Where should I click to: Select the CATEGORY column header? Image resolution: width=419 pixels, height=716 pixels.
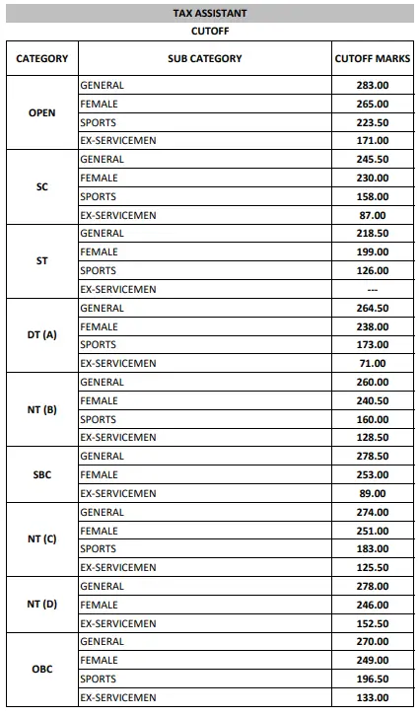coord(42,59)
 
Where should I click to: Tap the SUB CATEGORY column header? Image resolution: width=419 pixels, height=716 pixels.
coord(205,59)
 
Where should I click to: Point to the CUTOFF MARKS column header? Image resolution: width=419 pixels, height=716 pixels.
coord(373,59)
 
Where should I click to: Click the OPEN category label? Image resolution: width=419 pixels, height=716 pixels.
coord(42,112)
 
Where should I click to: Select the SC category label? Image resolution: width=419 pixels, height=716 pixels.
coord(42,186)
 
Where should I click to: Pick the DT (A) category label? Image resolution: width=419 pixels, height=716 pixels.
coord(42,335)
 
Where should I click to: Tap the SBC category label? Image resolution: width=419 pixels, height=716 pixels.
coord(42,474)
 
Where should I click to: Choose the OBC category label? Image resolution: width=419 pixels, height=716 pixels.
coord(42,670)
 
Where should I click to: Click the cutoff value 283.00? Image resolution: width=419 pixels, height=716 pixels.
coord(373,86)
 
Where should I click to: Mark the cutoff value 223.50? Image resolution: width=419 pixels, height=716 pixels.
coord(373,122)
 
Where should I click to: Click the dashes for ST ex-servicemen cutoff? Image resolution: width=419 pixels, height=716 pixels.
coord(373,290)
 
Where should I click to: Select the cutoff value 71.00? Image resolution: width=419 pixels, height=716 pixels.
coord(373,364)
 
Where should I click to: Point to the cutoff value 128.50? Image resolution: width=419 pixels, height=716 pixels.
coord(373,438)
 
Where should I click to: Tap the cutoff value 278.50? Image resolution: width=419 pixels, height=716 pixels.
coord(373,457)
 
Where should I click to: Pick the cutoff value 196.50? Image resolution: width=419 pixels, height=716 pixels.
coord(373,680)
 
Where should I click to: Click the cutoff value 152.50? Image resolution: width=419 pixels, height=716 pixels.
coord(373,624)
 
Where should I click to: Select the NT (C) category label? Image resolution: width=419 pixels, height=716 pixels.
coord(42,539)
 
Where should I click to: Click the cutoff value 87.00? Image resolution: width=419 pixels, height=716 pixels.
coord(373,215)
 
